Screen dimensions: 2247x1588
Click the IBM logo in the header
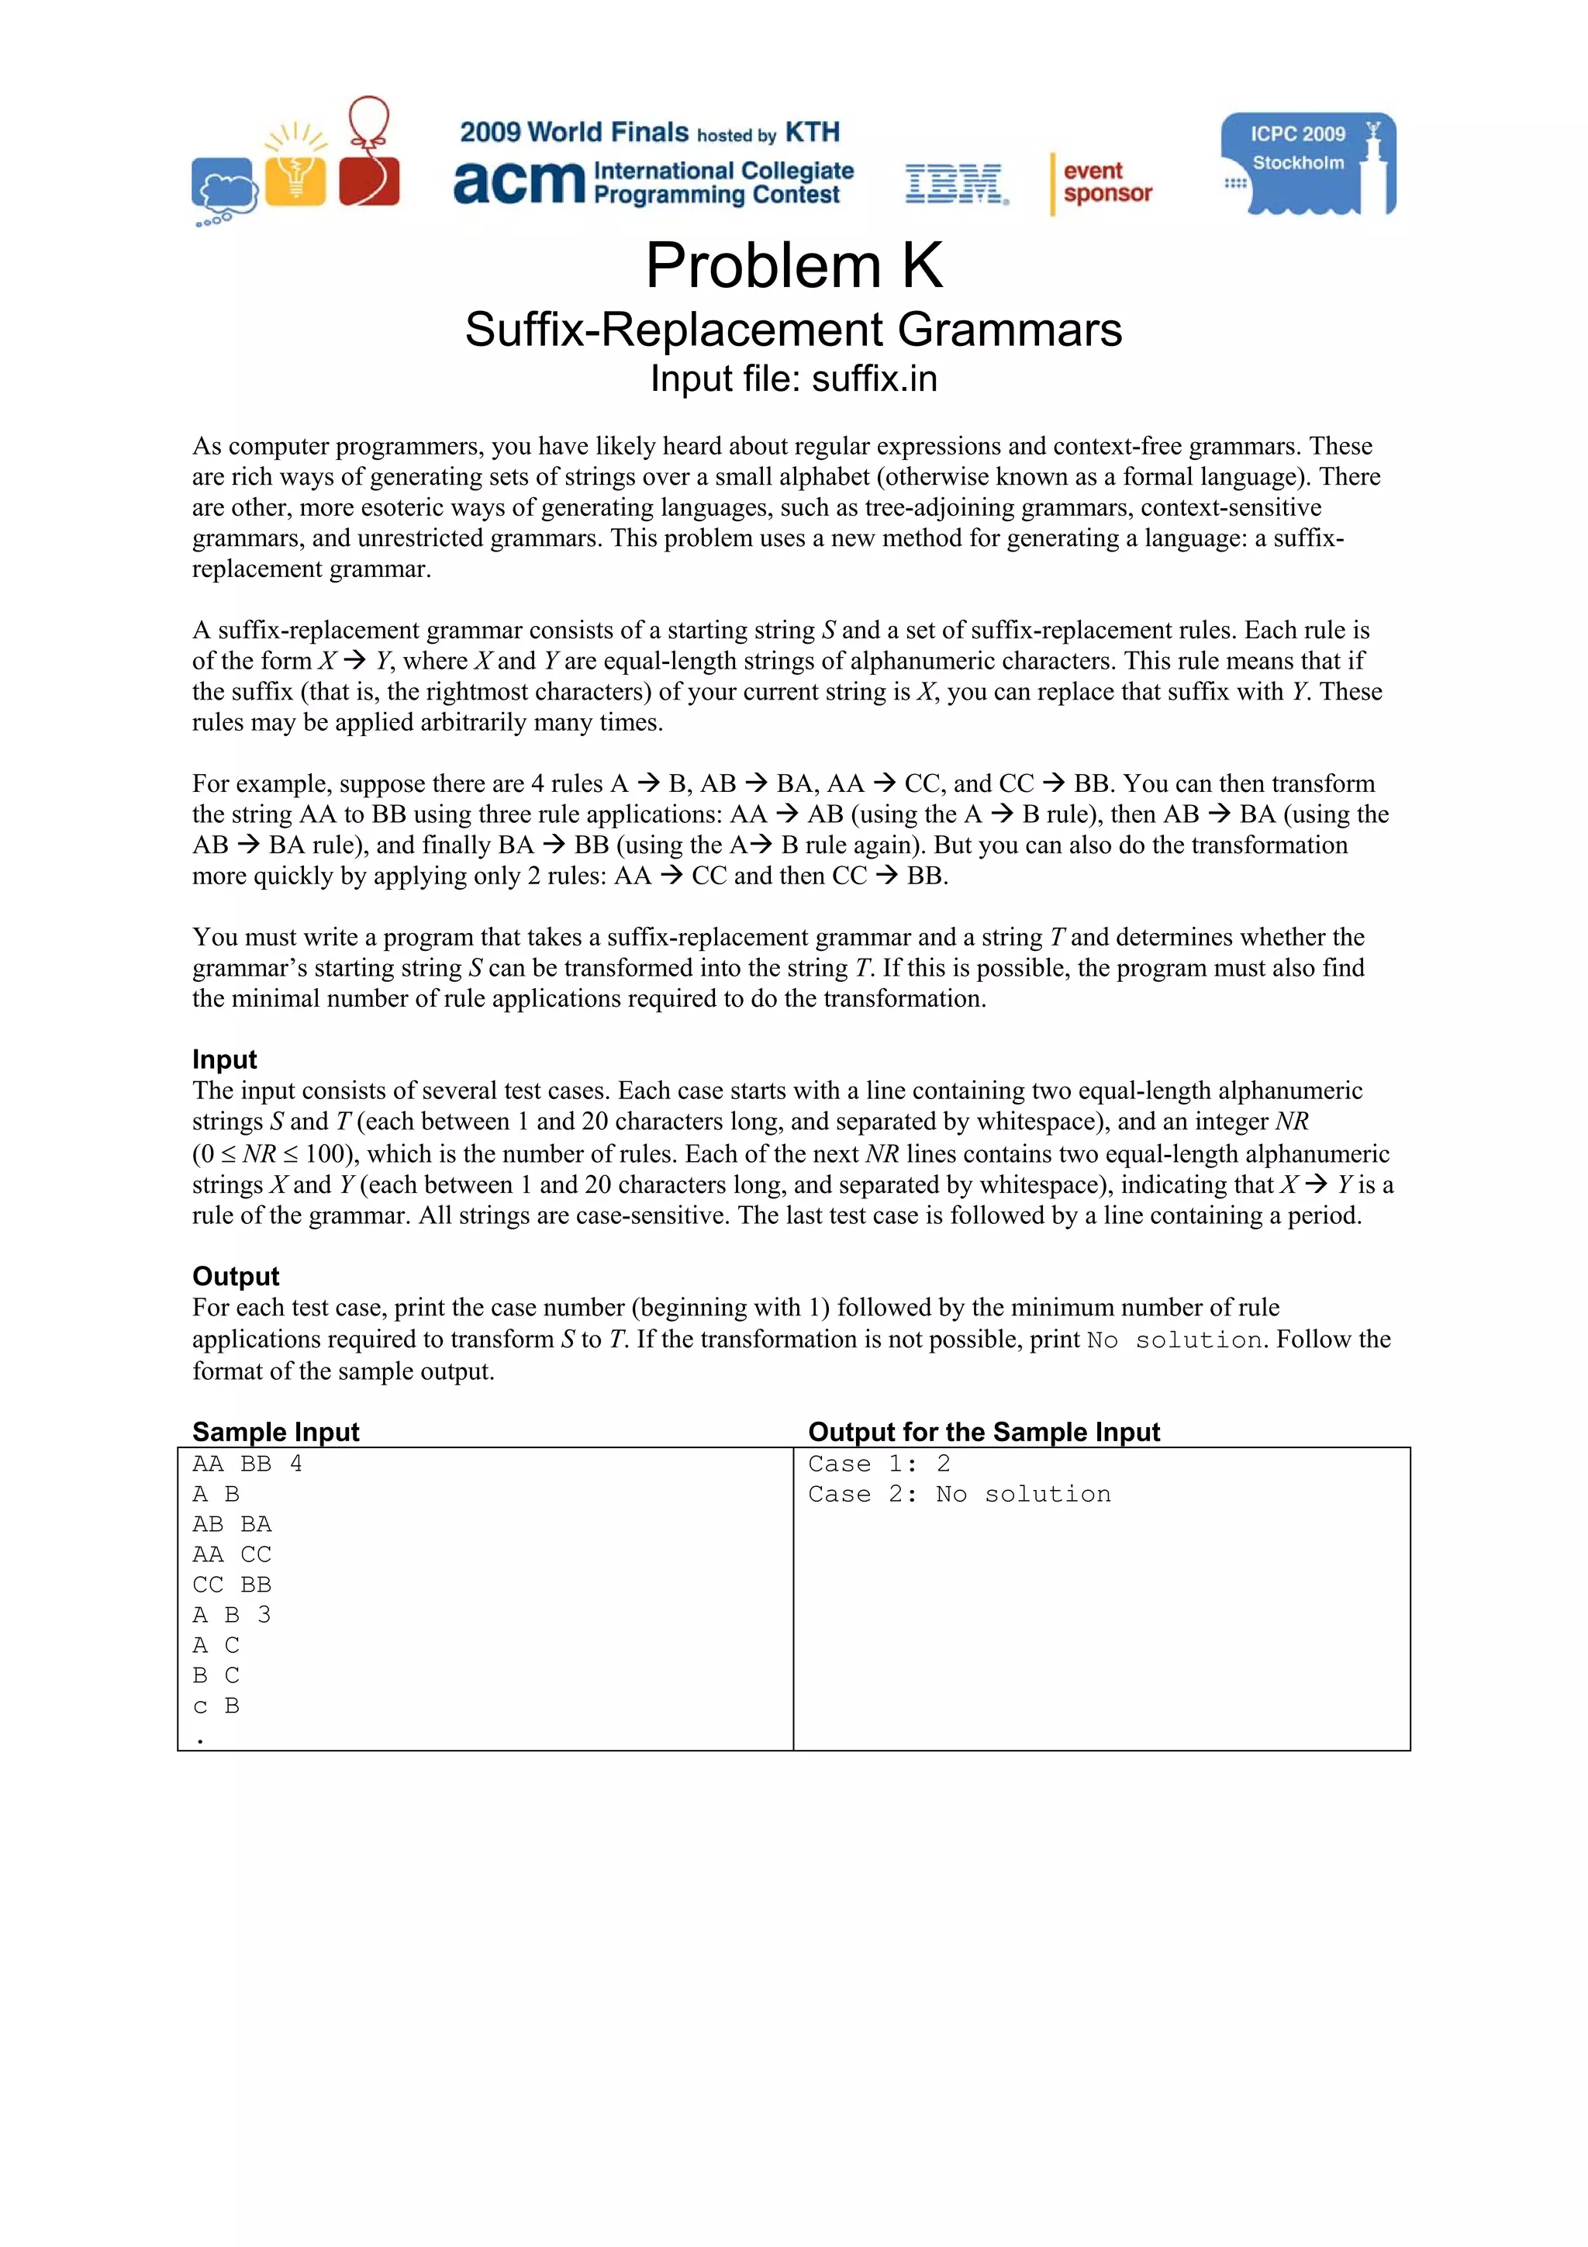click(x=955, y=184)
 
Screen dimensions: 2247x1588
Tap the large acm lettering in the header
click(x=519, y=183)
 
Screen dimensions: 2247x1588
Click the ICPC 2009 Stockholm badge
click(x=1307, y=164)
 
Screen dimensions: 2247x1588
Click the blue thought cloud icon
click(x=225, y=186)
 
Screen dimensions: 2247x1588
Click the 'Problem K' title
click(x=793, y=265)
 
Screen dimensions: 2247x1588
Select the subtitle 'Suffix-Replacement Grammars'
click(x=793, y=329)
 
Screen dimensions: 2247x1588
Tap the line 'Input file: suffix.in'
click(x=793, y=379)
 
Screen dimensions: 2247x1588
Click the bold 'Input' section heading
click(x=224, y=1059)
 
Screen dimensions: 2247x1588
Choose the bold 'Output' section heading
click(x=236, y=1276)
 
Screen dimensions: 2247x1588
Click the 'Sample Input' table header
click(x=276, y=1432)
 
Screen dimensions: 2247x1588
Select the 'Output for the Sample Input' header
click(x=983, y=1432)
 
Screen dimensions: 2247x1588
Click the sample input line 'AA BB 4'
click(x=247, y=1464)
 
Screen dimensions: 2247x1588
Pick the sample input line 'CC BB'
click(x=232, y=1585)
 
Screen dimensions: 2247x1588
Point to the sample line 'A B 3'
click(x=232, y=1615)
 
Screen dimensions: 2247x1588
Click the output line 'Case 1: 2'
click(x=879, y=1464)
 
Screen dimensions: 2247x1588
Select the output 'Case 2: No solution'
click(x=959, y=1495)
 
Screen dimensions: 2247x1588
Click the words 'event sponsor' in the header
click(x=1106, y=182)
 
